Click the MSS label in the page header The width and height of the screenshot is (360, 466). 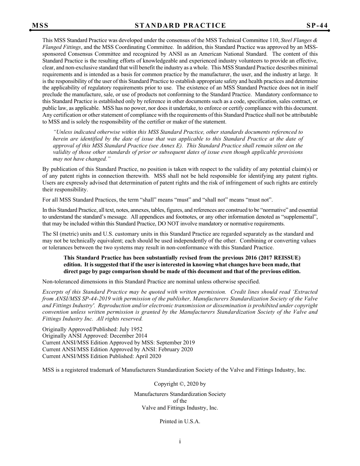(x=40, y=25)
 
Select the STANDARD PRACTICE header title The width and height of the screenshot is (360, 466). (x=180, y=25)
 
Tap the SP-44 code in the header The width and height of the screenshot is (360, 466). (x=317, y=25)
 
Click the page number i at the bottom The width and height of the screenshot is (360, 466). (x=180, y=441)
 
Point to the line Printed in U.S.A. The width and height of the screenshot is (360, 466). (x=180, y=421)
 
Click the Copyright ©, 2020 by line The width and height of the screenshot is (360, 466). (x=180, y=384)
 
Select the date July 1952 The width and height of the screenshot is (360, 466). (x=131, y=329)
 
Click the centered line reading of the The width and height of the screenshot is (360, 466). (x=180, y=401)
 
